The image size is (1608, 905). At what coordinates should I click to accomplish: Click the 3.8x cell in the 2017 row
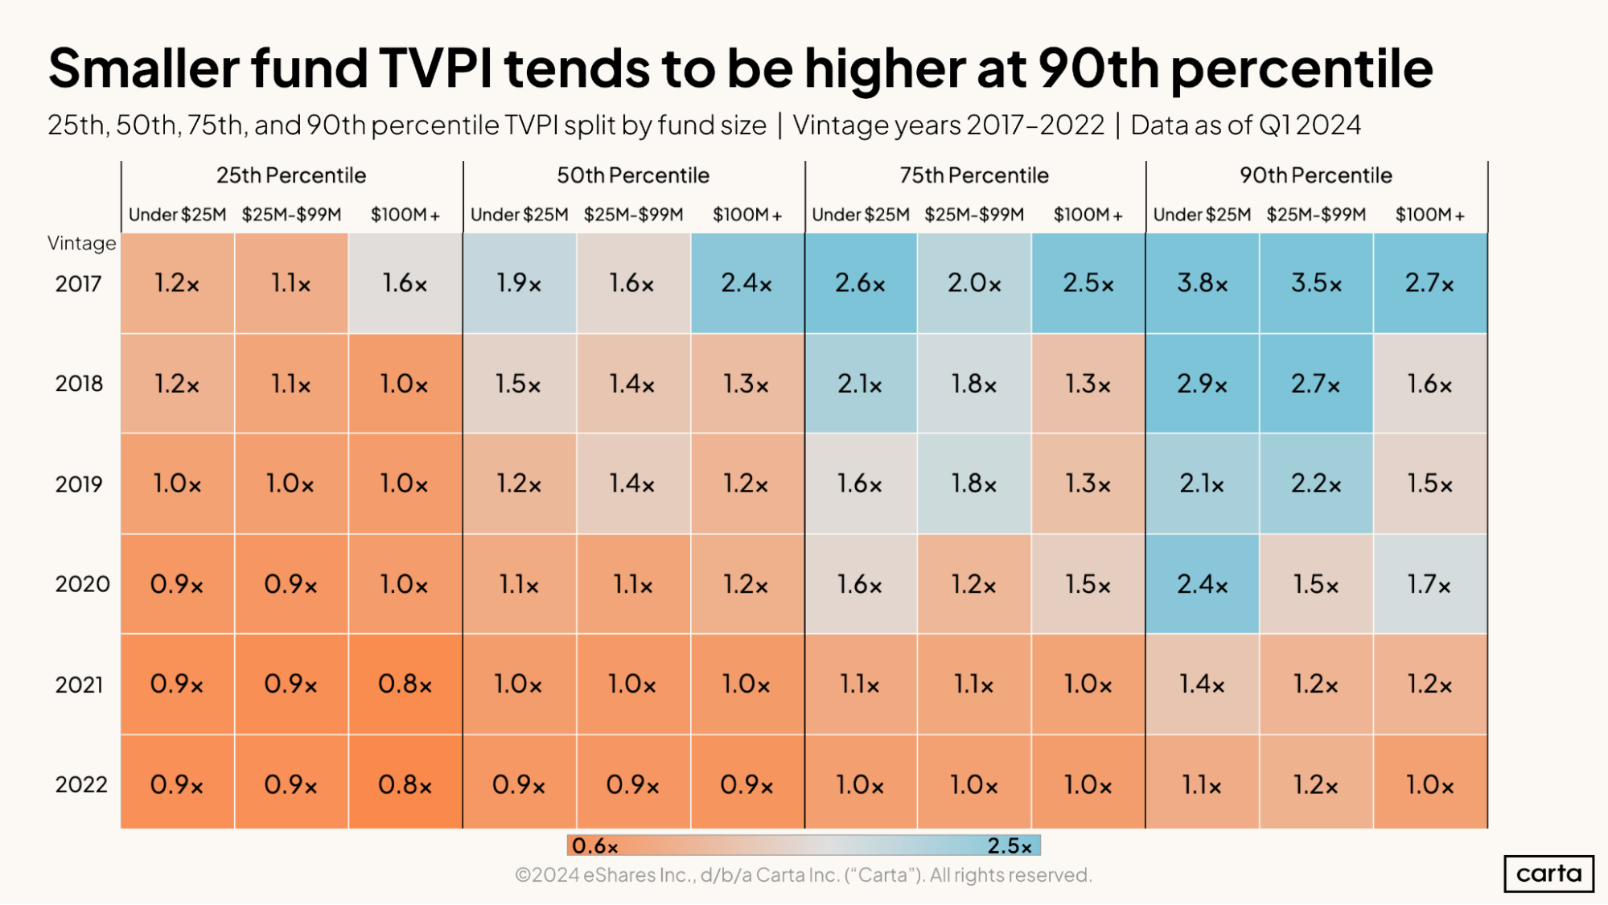[1202, 283]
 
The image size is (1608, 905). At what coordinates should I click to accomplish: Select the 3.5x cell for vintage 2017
[1316, 283]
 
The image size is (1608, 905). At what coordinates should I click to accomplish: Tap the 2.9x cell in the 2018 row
[1202, 384]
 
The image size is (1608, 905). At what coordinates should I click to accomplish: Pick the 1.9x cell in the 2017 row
[519, 283]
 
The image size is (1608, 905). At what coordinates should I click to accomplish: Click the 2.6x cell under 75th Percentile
[860, 283]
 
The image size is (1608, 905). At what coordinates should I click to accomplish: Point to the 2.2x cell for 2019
[1316, 483]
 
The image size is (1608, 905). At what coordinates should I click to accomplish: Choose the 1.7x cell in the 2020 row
[1429, 584]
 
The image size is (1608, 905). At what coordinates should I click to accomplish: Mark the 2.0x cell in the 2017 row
[973, 283]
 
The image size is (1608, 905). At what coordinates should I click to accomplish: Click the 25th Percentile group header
[291, 175]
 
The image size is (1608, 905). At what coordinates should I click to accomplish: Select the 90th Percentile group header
[1316, 175]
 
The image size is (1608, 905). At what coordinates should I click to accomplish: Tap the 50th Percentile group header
[633, 175]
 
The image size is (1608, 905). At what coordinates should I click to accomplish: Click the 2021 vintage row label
[79, 685]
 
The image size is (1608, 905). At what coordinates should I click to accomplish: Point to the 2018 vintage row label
[79, 384]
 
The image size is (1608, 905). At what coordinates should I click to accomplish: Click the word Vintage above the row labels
[81, 243]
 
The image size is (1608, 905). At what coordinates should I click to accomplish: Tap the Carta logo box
[1548, 874]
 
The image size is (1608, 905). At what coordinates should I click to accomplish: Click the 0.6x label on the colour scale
[595, 846]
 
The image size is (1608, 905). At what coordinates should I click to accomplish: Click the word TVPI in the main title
[435, 68]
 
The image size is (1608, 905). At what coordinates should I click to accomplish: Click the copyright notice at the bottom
[803, 875]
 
